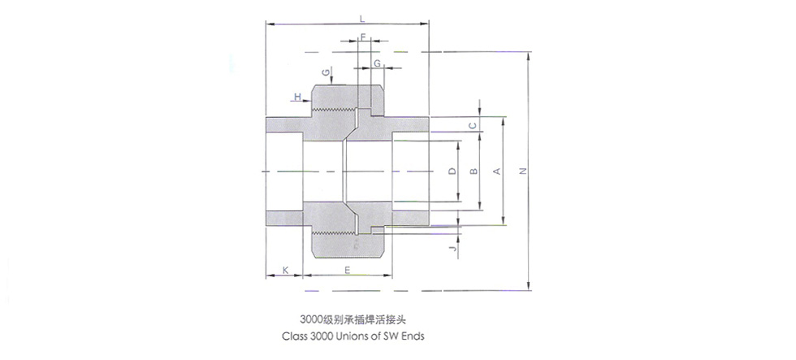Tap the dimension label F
[363, 37]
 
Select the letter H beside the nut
[298, 97]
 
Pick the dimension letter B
[473, 171]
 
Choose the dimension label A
[495, 171]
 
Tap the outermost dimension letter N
[522, 171]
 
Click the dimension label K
[285, 269]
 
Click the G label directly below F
[378, 63]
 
